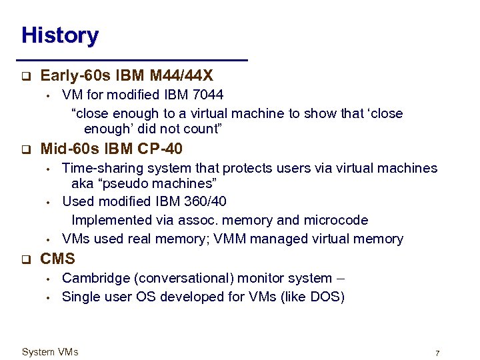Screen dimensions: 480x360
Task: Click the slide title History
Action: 60,35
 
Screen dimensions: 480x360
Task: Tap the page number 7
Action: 437,353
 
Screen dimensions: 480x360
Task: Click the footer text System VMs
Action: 50,352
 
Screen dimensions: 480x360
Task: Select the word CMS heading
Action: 58,259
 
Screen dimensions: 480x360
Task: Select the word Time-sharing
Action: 99,169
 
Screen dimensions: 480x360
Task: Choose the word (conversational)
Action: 178,278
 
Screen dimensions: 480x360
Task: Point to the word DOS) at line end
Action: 327,297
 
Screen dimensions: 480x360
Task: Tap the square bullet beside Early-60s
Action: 25,77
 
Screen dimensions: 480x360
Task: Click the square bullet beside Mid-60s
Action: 25,149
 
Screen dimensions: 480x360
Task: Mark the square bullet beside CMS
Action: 25,259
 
